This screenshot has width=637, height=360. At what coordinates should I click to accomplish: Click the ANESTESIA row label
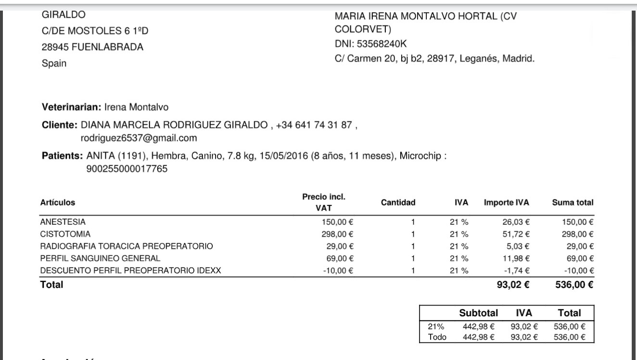(x=63, y=222)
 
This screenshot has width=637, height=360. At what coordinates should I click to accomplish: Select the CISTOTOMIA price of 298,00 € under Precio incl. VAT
(x=337, y=234)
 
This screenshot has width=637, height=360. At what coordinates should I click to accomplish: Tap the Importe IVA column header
(x=506, y=203)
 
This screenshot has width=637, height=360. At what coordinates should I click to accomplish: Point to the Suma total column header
(x=573, y=203)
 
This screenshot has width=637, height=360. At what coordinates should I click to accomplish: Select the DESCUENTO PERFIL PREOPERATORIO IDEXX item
(x=130, y=270)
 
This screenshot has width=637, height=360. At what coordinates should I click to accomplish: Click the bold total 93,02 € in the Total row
(x=513, y=285)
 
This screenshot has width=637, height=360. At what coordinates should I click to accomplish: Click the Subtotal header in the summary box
(x=478, y=312)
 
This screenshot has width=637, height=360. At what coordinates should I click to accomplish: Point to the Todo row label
(x=437, y=337)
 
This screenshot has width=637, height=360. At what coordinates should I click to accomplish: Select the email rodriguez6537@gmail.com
(x=139, y=138)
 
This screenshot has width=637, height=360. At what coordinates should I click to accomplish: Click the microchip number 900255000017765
(x=127, y=168)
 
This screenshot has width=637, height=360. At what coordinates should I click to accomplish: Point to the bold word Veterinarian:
(x=72, y=107)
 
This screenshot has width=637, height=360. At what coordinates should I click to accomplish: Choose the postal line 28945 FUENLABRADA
(x=93, y=47)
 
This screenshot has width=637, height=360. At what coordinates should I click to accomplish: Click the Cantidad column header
(x=398, y=203)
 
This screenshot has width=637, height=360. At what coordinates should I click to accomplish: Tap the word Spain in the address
(x=54, y=63)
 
